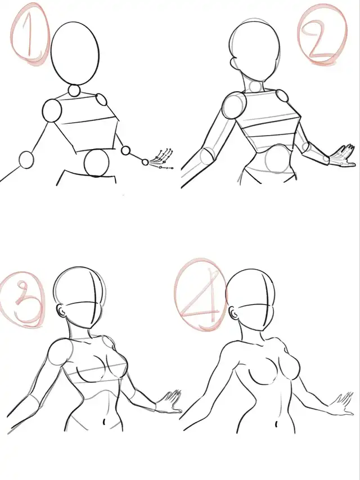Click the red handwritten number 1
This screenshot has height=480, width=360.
tap(30, 34)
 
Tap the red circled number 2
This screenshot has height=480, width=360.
tap(323, 34)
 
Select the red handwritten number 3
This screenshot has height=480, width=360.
tap(25, 302)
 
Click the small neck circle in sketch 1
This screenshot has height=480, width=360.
tap(74, 91)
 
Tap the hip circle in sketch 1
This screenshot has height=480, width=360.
tap(96, 163)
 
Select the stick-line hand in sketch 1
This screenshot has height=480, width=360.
tap(161, 158)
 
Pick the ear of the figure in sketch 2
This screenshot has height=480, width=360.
tap(233, 62)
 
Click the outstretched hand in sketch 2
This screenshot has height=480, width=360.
tap(342, 156)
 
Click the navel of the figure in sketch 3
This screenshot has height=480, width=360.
tap(104, 421)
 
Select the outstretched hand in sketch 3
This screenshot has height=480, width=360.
tap(169, 402)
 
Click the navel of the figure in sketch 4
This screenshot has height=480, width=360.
tap(276, 424)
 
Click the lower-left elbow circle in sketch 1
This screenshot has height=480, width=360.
tap(26, 160)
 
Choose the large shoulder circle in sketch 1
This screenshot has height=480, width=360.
tap(52, 110)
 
